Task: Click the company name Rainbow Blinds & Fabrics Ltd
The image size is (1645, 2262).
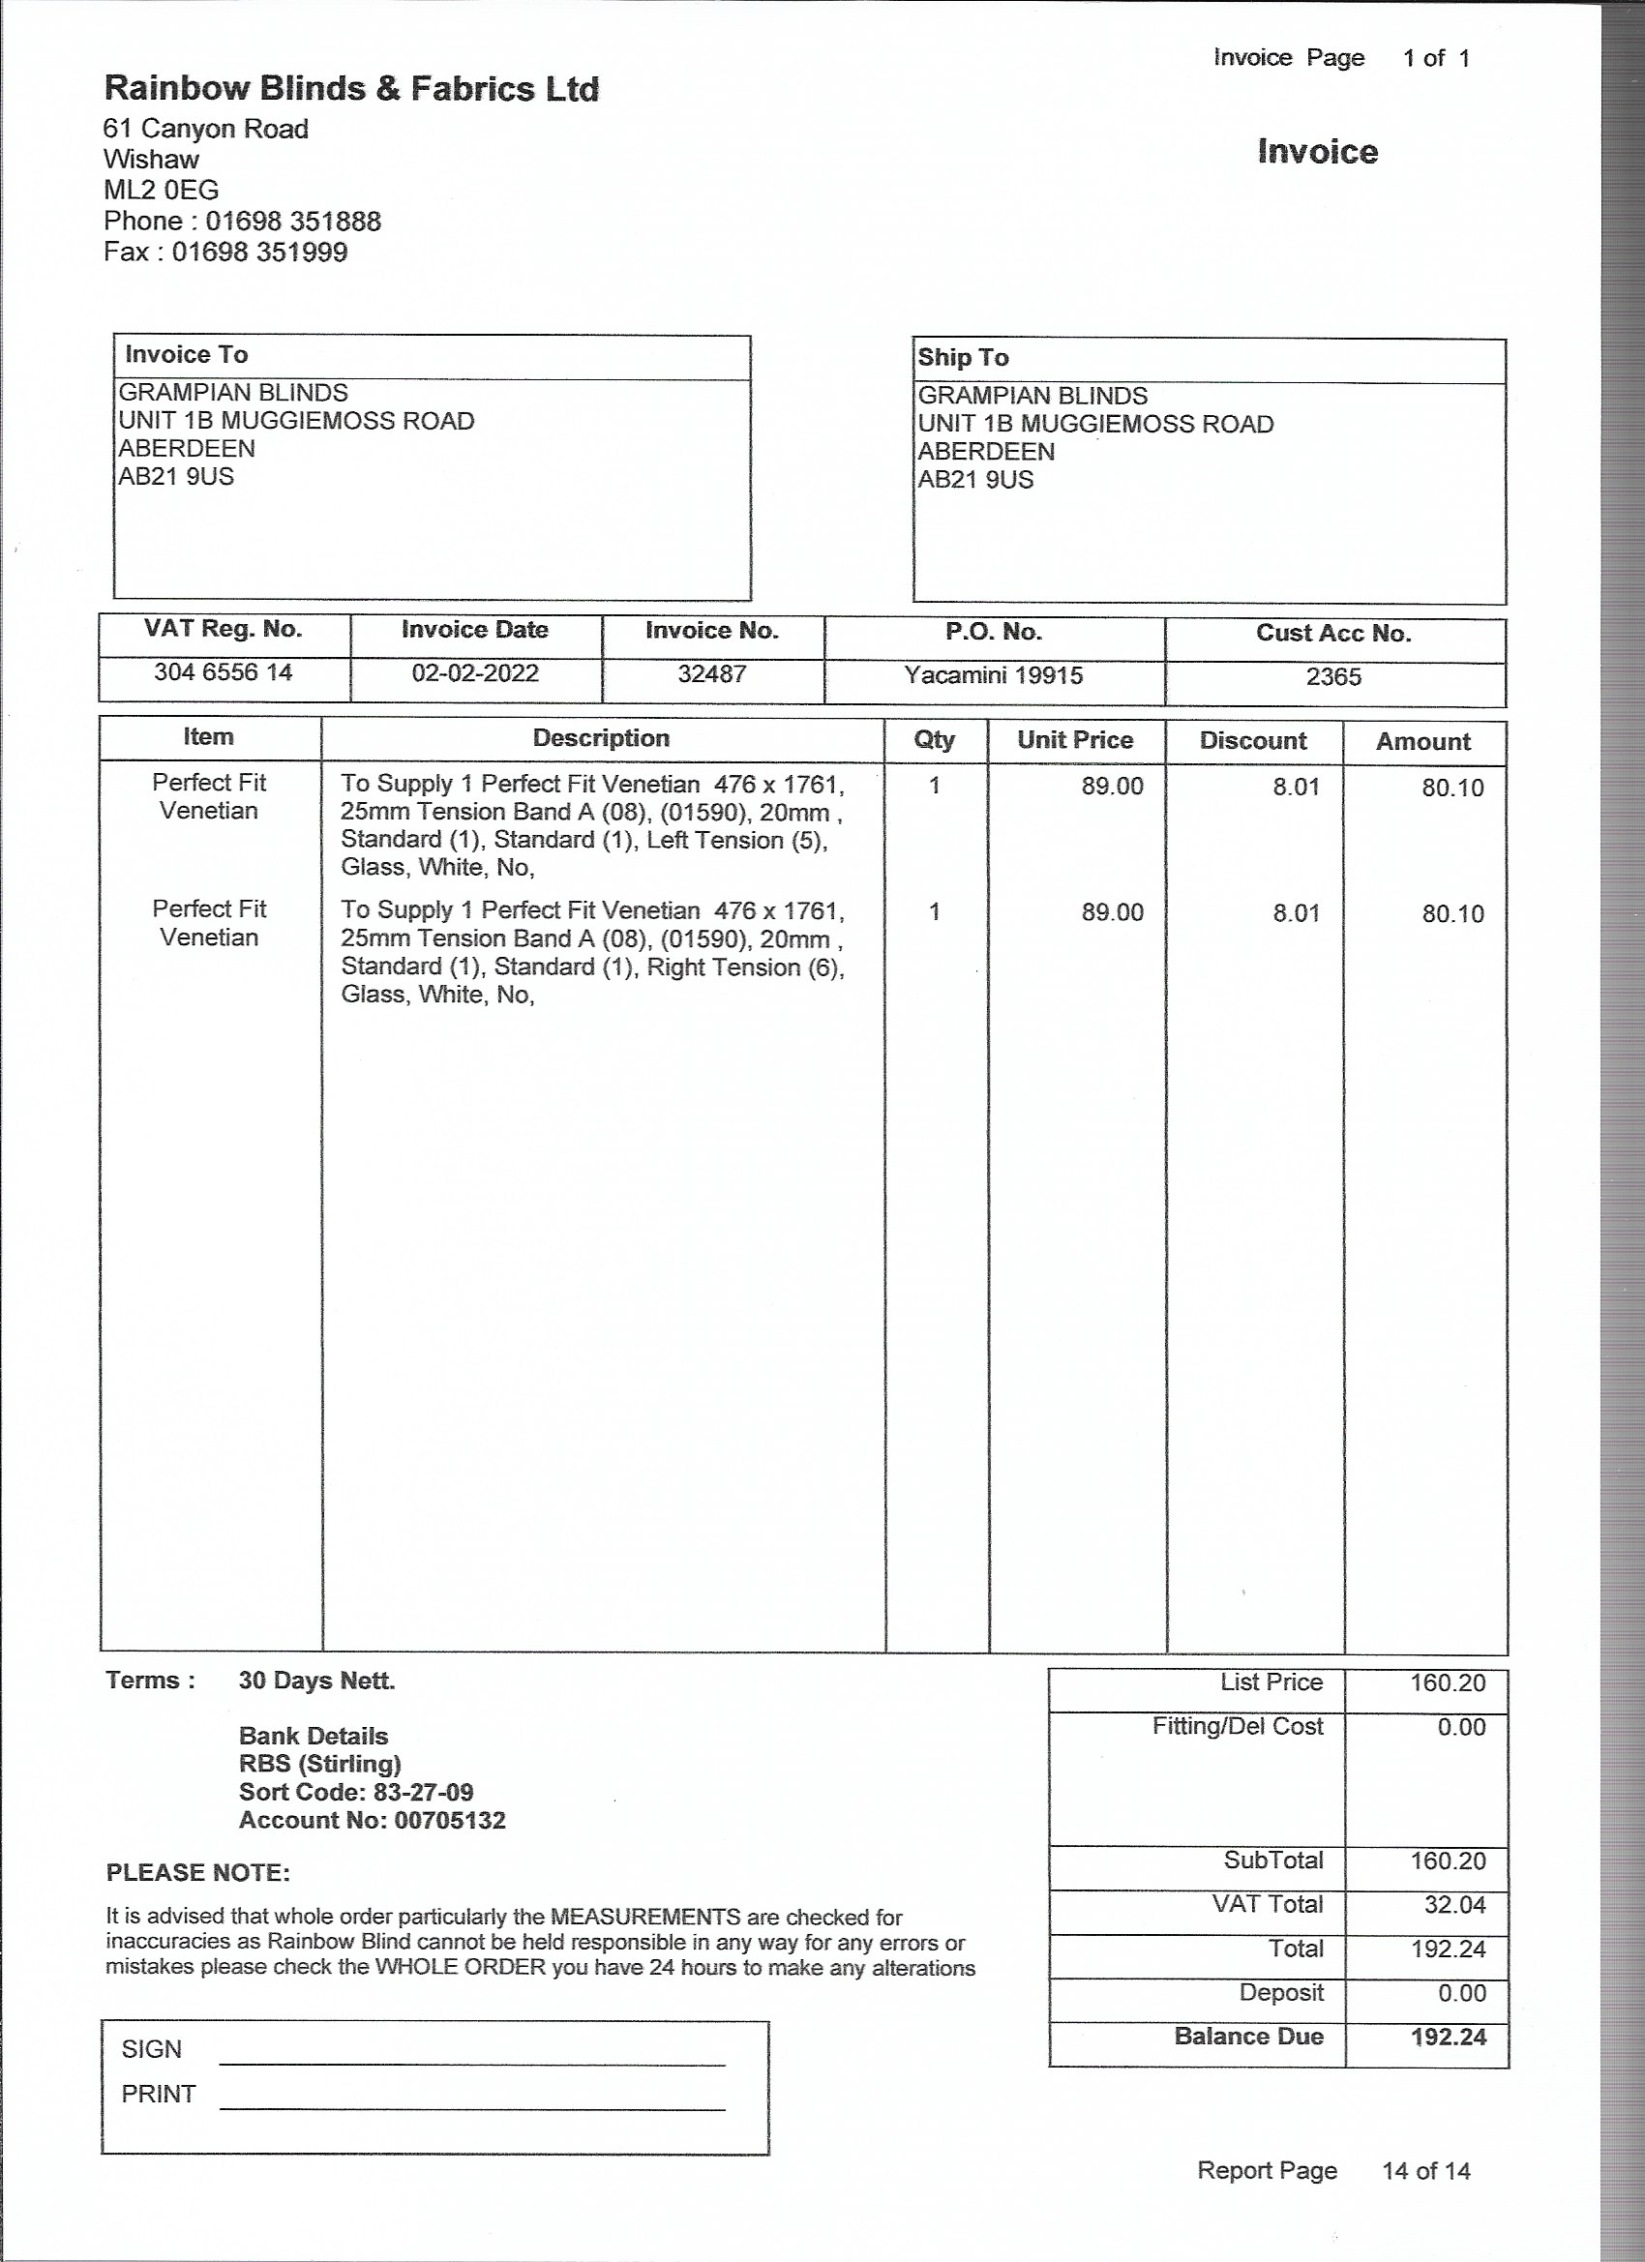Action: tap(351, 89)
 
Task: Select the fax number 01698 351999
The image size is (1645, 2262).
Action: tap(259, 252)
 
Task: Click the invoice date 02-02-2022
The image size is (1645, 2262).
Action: tap(475, 673)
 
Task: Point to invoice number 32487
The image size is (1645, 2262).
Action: tap(711, 674)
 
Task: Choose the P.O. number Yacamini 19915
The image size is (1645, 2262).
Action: tap(993, 675)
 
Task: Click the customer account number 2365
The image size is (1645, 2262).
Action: tap(1332, 677)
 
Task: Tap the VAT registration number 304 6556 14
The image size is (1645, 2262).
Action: tap(223, 672)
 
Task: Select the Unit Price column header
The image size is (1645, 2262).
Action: tap(1074, 740)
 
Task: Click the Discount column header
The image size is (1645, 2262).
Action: tap(1252, 741)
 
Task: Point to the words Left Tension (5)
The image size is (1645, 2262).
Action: tap(736, 840)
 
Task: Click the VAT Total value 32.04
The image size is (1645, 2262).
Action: tap(1454, 1904)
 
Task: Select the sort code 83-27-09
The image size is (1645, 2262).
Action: tap(423, 1792)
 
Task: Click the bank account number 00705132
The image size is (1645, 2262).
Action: tap(450, 1820)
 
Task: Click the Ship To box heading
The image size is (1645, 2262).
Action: tap(963, 357)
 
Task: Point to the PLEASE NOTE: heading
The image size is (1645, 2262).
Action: tap(197, 1872)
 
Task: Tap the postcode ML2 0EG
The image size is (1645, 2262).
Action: tap(161, 190)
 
